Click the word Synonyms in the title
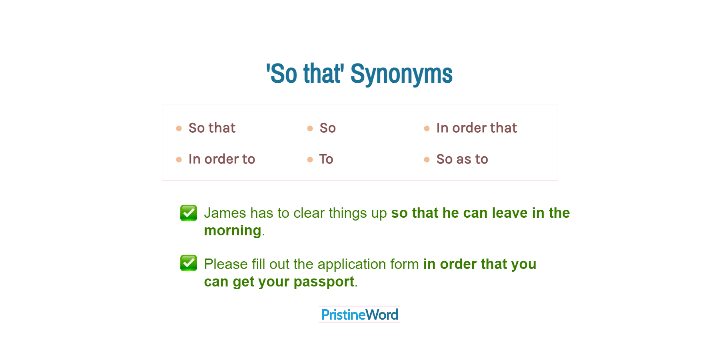pyautogui.click(x=401, y=74)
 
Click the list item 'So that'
pyautogui.click(x=212, y=128)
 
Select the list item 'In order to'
pyautogui.click(x=221, y=159)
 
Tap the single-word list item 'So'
pyautogui.click(x=327, y=128)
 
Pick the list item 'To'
pyautogui.click(x=326, y=159)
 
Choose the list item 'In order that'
pyautogui.click(x=477, y=128)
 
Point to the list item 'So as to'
pyautogui.click(x=462, y=159)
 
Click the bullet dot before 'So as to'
pyautogui.click(x=427, y=160)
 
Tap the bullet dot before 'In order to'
pyautogui.click(x=179, y=160)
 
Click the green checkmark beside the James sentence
pyautogui.click(x=189, y=213)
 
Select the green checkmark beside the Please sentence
pyautogui.click(x=189, y=263)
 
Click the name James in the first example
pyautogui.click(x=225, y=213)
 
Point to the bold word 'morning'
pyautogui.click(x=233, y=231)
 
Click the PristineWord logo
pyautogui.click(x=359, y=315)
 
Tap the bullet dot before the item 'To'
pyautogui.click(x=310, y=160)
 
